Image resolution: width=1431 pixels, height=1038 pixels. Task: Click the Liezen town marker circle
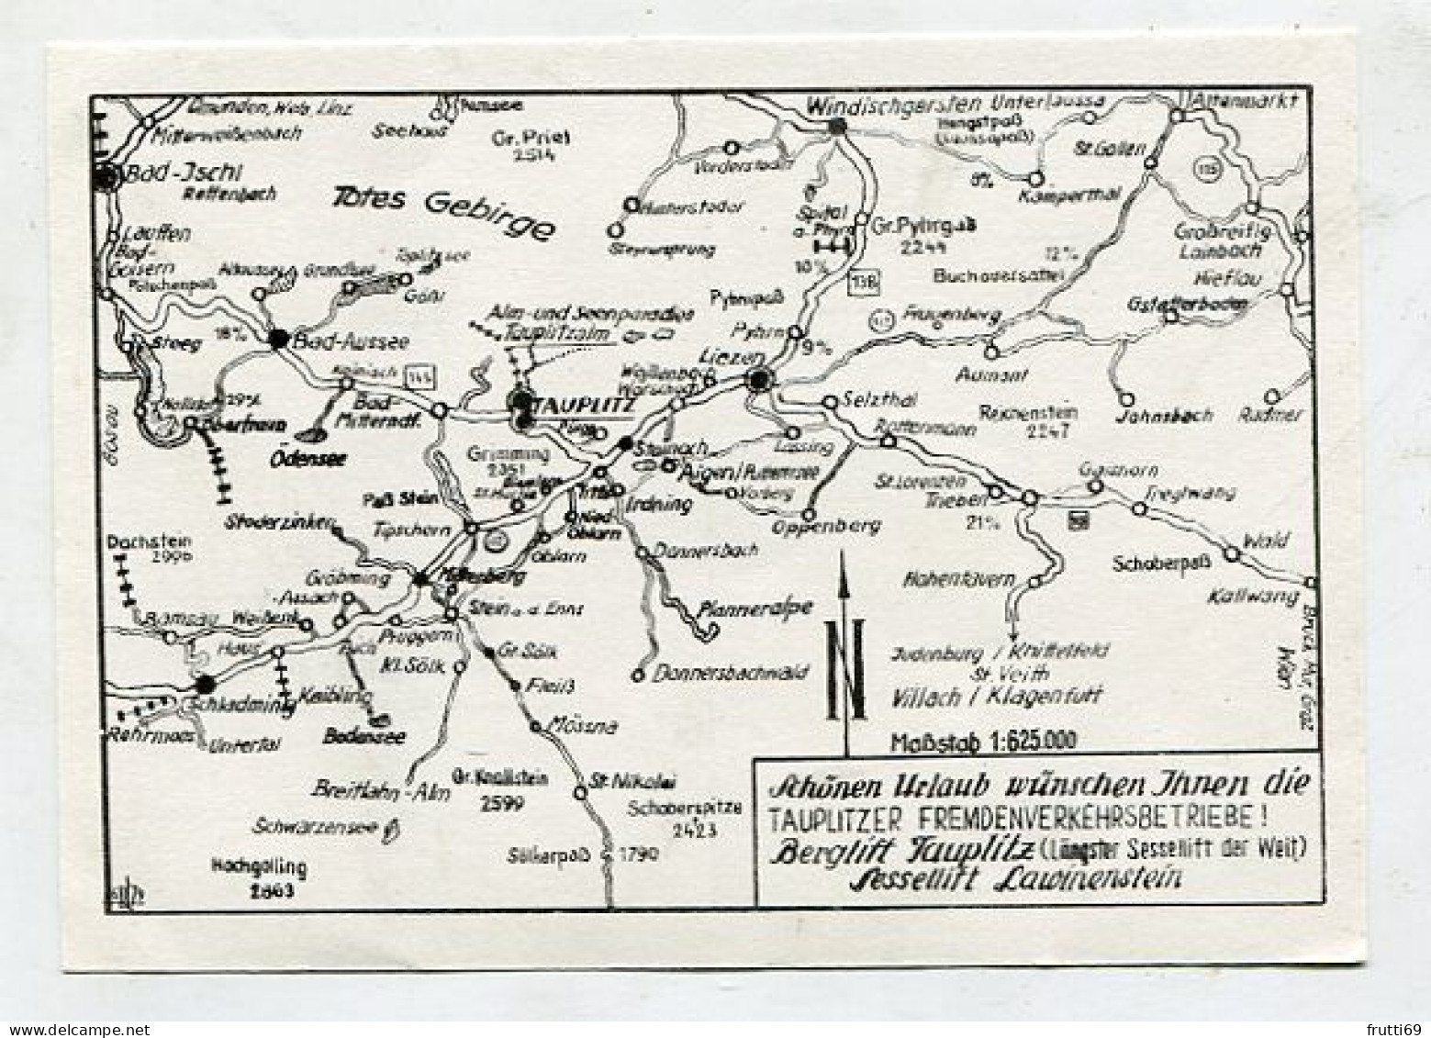pos(758,379)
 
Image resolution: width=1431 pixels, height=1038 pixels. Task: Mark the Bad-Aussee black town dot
pos(279,339)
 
